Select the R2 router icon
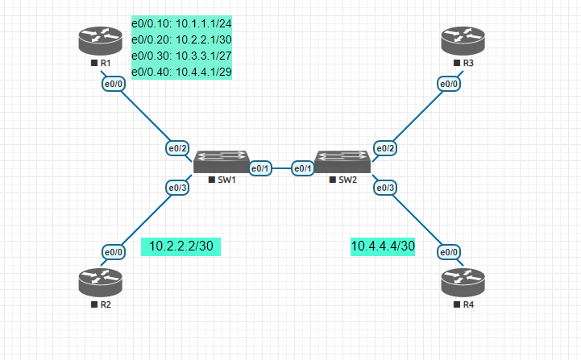101,282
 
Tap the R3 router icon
463,40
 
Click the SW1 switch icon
222,161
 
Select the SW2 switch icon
342,161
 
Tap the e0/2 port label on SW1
177,148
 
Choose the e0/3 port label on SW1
177,188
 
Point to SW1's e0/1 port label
261,168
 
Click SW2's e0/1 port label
302,168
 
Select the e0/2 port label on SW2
386,148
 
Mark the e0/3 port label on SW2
386,188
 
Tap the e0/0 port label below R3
449,84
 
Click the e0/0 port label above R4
449,252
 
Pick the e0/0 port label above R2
114,252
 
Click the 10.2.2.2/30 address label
181,246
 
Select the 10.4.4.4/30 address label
383,246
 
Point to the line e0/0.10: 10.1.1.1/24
187,24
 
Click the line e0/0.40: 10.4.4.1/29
187,72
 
